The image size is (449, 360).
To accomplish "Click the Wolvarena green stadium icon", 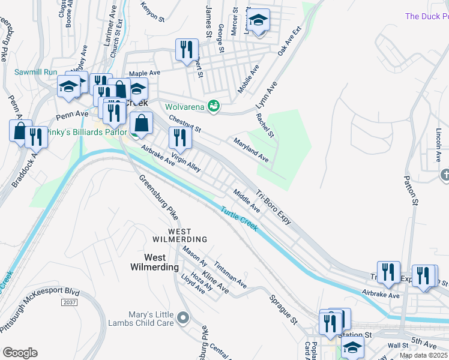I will pos(213,107).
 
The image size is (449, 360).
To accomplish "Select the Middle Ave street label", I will pos(247,201).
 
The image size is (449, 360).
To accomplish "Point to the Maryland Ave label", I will pos(251,149).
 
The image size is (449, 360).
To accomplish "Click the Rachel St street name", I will pos(265,125).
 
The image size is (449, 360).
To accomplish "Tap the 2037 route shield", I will pos(70,302).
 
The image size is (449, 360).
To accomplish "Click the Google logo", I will pos(20,352).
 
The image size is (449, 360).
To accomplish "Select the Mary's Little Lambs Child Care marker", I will pos(183,317).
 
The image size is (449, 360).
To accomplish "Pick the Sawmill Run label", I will pos(36,73).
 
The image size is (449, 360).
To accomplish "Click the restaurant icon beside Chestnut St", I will pos(179,138).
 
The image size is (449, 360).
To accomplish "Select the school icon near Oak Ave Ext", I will pos(259,22).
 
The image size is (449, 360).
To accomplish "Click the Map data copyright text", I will pos(423,355).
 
